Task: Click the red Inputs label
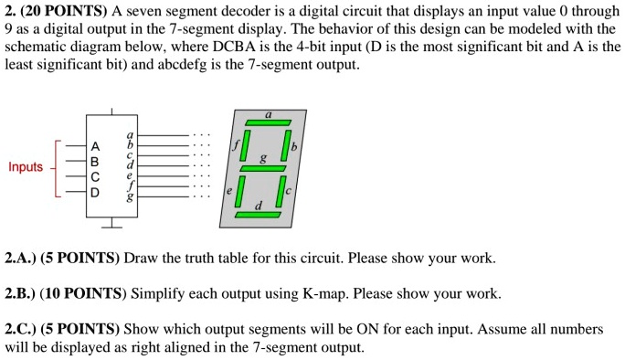(26, 167)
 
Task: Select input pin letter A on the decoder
(96, 145)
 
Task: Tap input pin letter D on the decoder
(96, 193)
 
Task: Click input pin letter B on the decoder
(96, 161)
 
